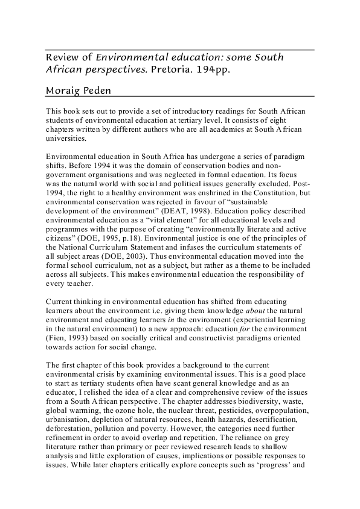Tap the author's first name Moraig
[65, 89]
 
